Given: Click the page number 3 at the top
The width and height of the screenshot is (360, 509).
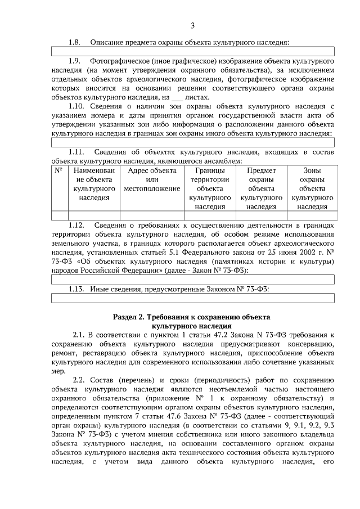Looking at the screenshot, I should [192, 26].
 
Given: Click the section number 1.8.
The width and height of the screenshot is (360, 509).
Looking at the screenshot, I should [75, 42].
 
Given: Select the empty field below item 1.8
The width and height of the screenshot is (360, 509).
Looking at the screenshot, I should [193, 51].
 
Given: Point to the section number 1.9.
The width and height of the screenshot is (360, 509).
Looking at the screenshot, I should [75, 60].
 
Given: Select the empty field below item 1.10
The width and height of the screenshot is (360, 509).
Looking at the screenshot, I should [193, 142].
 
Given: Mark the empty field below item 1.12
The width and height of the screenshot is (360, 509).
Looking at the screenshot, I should [193, 279].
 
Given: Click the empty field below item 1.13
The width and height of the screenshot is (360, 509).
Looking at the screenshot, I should [193, 298].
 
